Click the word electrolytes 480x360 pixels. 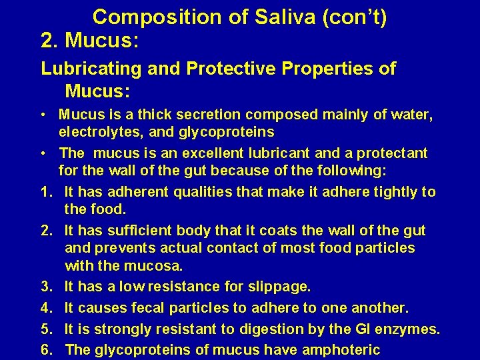coord(97,132)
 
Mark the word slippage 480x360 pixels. coord(277,287)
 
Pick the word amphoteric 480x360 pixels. coord(341,350)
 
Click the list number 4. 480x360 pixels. coord(46,308)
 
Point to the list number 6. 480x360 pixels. coord(46,350)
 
